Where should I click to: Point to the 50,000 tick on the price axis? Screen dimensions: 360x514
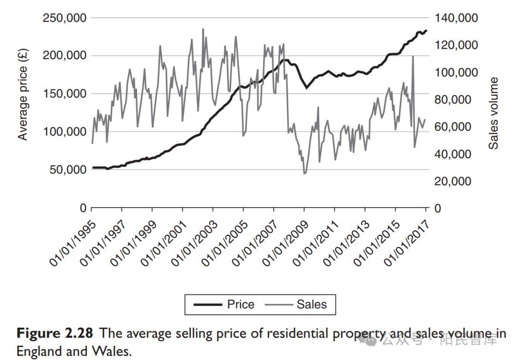(67, 170)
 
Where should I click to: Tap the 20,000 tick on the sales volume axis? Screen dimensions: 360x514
(453, 181)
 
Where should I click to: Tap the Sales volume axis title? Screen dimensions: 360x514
(494, 113)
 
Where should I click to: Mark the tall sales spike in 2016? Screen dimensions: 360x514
(413, 56)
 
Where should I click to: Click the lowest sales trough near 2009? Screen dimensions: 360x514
(305, 173)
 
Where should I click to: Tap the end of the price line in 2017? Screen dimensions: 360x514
(426, 30)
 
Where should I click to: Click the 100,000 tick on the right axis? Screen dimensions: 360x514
(456, 72)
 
